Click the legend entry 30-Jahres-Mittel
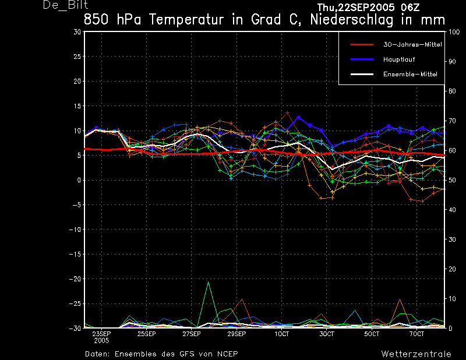coord(412,45)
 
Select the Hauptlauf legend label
coord(399,59)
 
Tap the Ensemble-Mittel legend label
coord(410,75)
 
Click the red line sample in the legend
coord(362,45)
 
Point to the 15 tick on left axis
coord(77,106)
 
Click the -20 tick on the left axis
coord(75,279)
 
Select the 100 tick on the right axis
coord(454,32)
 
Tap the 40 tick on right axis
coord(452,210)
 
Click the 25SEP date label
coord(147,334)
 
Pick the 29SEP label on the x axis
coord(236,334)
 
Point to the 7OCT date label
coord(416,334)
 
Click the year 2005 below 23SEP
coord(101,341)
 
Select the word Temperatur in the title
coord(186,20)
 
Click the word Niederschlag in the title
coord(352,20)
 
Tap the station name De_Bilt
coord(65,5)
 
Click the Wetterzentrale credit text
coord(416,354)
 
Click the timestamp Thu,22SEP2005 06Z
coord(368,8)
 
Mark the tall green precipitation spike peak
coord(209,281)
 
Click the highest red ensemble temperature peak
coord(287,112)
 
